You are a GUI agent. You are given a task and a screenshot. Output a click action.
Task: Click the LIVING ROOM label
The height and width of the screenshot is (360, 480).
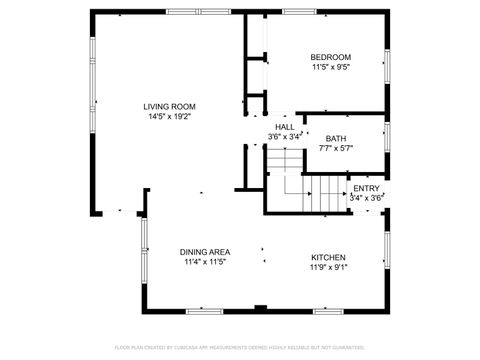click(x=169, y=106)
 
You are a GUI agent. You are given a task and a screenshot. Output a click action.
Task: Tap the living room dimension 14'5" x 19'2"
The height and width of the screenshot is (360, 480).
click(x=169, y=116)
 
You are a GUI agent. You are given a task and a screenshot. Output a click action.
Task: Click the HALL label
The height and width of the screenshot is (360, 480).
click(x=284, y=127)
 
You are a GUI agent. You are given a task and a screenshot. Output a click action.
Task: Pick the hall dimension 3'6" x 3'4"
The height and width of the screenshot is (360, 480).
click(x=284, y=137)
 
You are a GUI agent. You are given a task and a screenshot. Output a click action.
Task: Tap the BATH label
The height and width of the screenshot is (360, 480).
click(x=336, y=138)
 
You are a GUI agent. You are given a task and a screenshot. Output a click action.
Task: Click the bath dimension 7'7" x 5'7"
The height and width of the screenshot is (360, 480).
click(x=336, y=148)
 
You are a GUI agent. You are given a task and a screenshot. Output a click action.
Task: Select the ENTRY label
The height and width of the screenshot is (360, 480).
click(x=366, y=187)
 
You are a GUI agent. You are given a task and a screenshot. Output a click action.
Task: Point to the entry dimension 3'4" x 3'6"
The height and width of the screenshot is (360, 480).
click(x=366, y=197)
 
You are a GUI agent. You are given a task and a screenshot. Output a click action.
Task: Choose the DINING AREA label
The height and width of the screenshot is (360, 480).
click(x=205, y=252)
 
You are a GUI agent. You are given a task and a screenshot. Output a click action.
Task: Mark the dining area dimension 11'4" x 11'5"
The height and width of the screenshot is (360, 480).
click(x=205, y=262)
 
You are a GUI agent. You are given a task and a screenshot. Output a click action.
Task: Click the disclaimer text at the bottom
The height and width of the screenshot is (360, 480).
click(x=240, y=347)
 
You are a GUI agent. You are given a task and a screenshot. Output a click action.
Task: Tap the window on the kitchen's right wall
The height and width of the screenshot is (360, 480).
click(x=387, y=252)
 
